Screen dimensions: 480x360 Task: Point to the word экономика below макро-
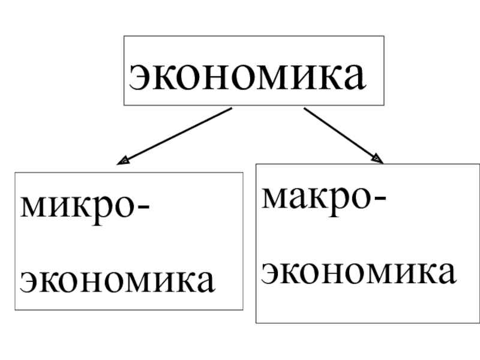click(359, 272)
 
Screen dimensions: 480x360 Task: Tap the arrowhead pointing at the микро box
click(122, 161)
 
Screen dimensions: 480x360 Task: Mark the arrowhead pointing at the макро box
click(377, 159)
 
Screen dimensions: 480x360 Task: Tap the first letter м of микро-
click(33, 208)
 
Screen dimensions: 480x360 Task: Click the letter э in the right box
click(271, 273)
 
